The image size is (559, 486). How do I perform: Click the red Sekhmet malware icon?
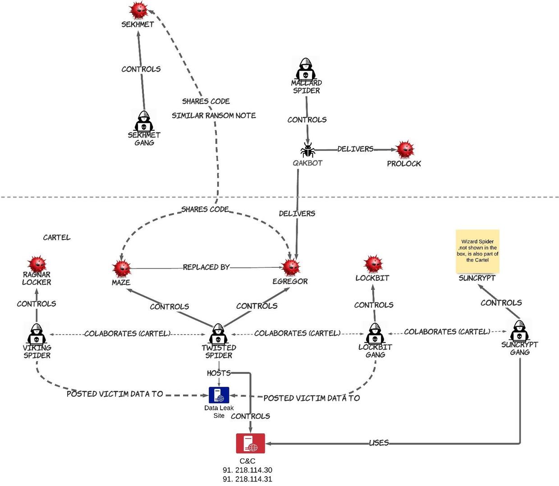(x=138, y=10)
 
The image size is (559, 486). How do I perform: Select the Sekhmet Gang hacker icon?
(x=144, y=121)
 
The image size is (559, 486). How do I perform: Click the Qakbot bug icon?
(x=308, y=150)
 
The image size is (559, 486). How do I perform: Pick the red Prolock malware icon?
(x=405, y=149)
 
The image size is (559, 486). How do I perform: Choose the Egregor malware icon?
(x=291, y=267)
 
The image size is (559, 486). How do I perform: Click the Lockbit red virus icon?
(x=373, y=264)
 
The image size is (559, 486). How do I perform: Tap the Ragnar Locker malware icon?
(x=37, y=265)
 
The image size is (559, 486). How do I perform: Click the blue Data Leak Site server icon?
(x=219, y=395)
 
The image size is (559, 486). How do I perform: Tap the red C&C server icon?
(x=251, y=443)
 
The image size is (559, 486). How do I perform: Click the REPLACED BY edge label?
(x=206, y=267)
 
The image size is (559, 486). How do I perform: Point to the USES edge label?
(x=379, y=443)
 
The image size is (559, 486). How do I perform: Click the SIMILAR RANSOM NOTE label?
(x=214, y=115)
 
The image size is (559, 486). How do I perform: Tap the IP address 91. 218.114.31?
(x=247, y=479)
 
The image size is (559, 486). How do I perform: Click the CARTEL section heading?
(x=57, y=238)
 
